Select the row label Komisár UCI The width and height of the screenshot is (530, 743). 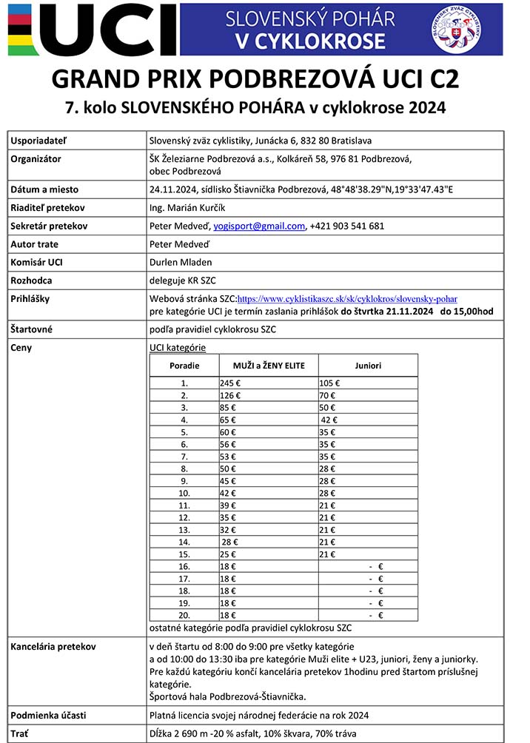pos(37,262)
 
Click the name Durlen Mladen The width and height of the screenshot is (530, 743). pos(180,262)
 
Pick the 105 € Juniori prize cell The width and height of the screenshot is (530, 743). pos(329,383)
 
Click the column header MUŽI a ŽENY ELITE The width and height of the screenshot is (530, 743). pos(269,365)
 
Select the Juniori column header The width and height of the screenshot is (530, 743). pos(367,365)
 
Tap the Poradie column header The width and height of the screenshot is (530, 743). pos(184,365)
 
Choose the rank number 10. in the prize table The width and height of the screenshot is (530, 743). pos(184,492)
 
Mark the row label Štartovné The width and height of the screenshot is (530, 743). pos(35,329)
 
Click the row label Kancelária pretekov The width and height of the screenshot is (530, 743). pos(53,647)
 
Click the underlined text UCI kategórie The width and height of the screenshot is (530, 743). pos(178,348)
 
